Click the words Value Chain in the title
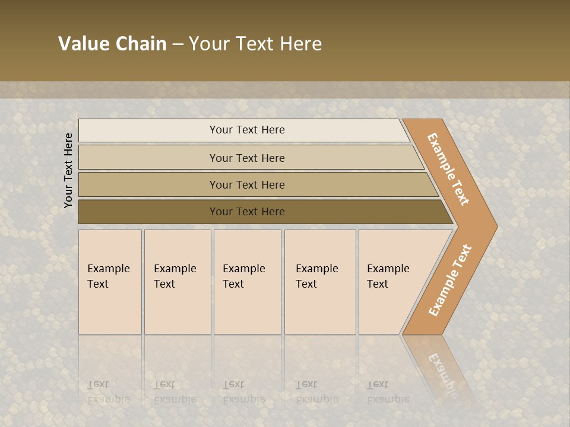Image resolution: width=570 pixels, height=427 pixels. tap(112, 44)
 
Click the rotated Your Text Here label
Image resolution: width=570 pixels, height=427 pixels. tap(68, 170)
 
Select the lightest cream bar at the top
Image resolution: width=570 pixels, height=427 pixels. tap(148, 130)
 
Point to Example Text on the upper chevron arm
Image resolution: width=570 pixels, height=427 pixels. tap(448, 169)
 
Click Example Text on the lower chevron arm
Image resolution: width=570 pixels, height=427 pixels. tap(449, 280)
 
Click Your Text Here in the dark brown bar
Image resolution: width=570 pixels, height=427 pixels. tap(247, 212)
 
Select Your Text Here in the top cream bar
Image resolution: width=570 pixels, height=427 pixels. tap(247, 130)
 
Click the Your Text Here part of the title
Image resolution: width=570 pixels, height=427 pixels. tap(255, 44)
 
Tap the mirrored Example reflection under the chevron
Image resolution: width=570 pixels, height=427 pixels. tap(442, 374)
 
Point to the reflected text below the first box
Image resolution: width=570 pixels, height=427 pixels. tap(108, 391)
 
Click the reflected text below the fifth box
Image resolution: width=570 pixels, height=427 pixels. tap(388, 391)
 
